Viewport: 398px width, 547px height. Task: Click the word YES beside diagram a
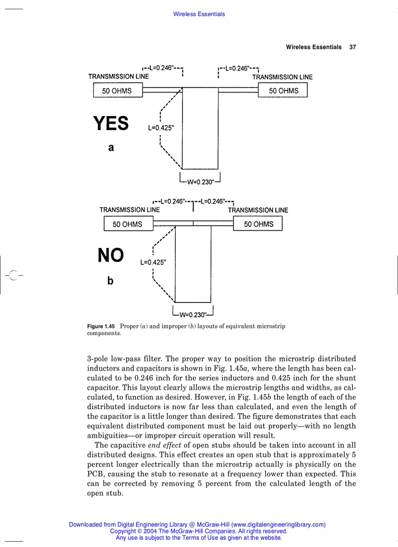pos(111,124)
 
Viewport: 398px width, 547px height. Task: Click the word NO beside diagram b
pos(111,255)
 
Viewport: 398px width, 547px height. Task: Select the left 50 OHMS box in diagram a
pos(117,91)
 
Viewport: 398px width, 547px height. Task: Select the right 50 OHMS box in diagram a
pos(283,91)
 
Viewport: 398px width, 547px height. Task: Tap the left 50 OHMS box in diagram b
pos(127,224)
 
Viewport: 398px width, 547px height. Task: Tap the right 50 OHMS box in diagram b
pos(259,224)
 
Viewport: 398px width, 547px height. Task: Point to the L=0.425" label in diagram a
pos(160,129)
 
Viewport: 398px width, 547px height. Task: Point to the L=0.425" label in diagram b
pos(153,262)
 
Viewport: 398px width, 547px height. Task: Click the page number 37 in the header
pos(353,47)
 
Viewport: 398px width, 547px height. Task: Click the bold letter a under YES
pos(111,148)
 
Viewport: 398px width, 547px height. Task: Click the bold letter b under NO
pos(110,281)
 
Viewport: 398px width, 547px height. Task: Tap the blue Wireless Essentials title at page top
pos(199,14)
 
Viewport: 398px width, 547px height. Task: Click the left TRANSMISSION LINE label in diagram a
pos(119,76)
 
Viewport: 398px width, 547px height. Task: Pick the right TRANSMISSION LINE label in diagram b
pos(258,210)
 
